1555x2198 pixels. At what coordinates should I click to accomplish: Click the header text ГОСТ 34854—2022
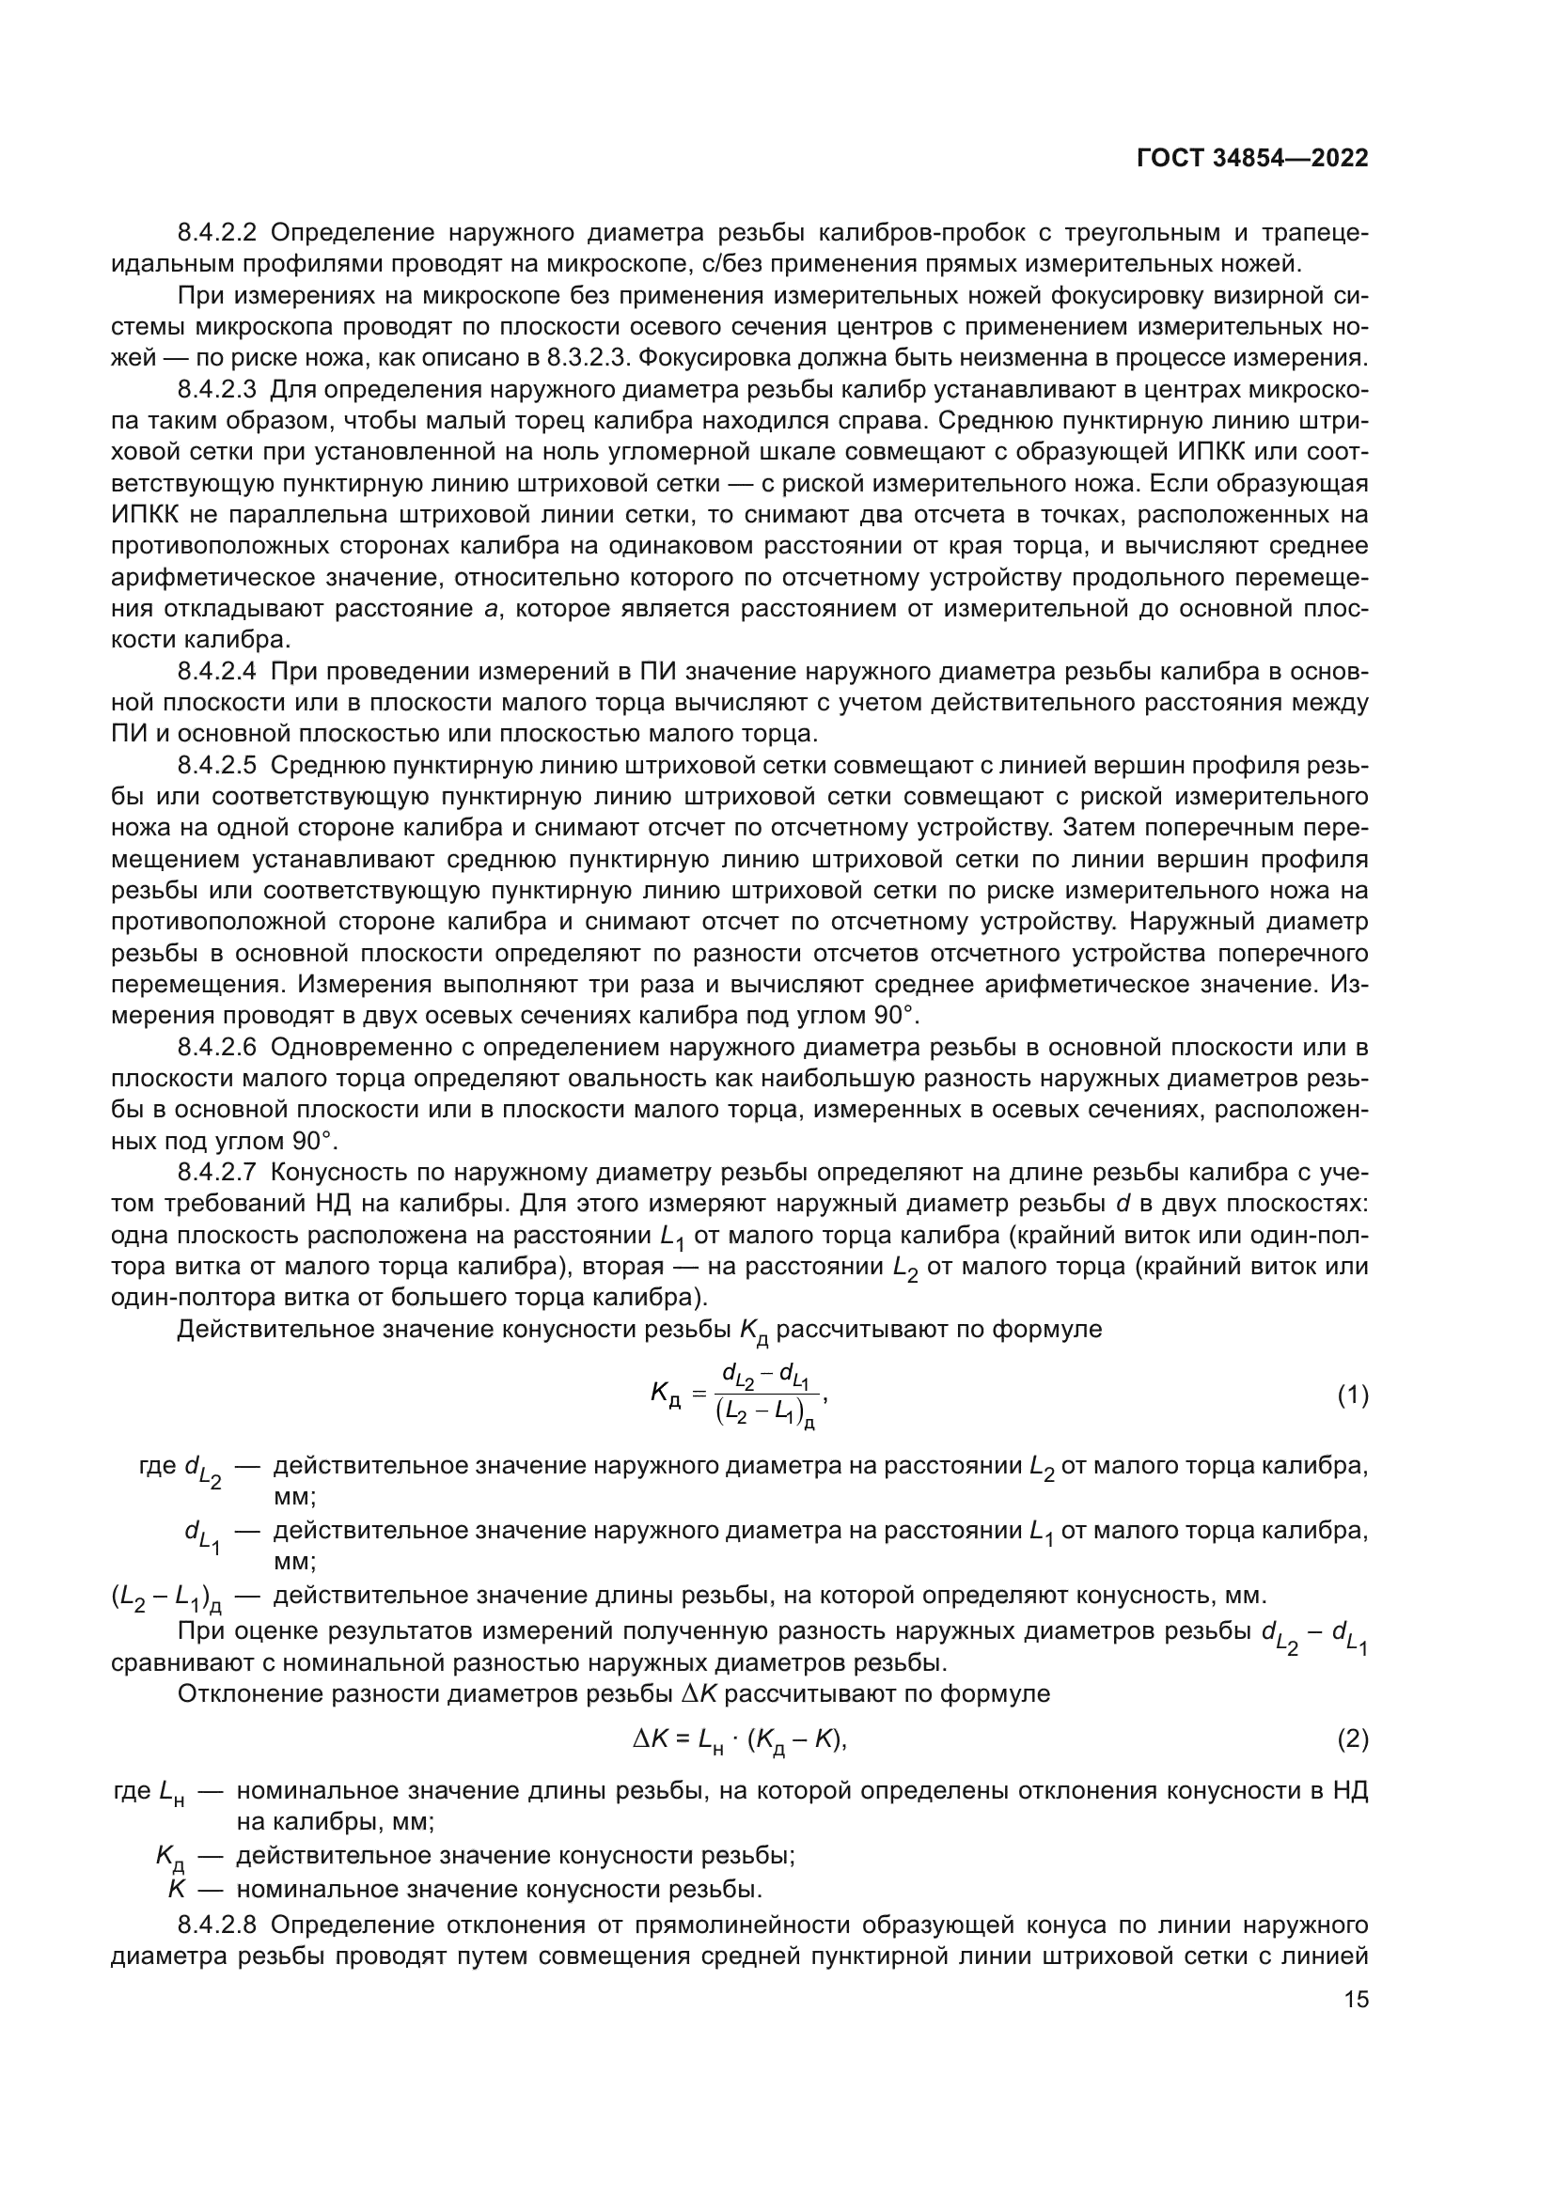pos(1251,158)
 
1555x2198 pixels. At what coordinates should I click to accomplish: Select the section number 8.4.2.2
pos(217,233)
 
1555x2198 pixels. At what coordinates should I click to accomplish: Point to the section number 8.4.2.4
pos(217,672)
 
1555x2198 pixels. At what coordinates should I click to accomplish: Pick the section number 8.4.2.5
pos(217,766)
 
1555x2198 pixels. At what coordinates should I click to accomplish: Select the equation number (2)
pos(1352,1738)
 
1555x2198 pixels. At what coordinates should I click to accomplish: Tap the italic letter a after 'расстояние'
pos(491,610)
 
